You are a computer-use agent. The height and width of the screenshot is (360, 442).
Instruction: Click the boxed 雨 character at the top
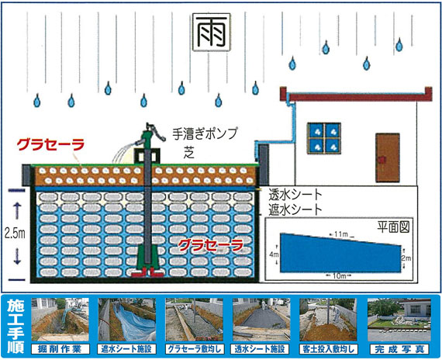click(x=212, y=32)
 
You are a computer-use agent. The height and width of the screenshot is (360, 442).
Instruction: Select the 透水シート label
click(x=295, y=195)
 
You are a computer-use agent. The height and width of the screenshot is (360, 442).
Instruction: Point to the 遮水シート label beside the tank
click(x=295, y=209)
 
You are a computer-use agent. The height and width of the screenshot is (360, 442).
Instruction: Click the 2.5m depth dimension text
click(x=15, y=234)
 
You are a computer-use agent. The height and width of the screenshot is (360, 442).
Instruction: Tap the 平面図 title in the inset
click(x=393, y=227)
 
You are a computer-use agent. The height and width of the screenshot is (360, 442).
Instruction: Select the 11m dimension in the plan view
click(x=341, y=234)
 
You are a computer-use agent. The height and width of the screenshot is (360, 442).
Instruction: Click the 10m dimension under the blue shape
click(x=339, y=275)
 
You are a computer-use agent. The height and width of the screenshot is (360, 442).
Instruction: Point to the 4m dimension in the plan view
click(x=274, y=254)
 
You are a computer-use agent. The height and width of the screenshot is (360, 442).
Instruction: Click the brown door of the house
click(x=388, y=157)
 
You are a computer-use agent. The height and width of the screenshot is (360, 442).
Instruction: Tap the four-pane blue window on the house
click(x=324, y=138)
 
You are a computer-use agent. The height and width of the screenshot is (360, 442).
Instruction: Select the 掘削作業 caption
click(x=60, y=349)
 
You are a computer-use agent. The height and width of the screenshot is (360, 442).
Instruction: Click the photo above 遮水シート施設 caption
click(x=127, y=320)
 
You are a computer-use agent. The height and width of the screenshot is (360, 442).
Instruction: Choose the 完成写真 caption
click(x=399, y=349)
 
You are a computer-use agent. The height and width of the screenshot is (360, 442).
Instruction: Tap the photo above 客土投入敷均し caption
click(x=328, y=320)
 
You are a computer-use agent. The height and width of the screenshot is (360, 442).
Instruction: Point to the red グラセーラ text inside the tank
click(x=211, y=245)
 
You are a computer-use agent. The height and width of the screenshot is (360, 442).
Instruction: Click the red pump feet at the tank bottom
click(x=147, y=272)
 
